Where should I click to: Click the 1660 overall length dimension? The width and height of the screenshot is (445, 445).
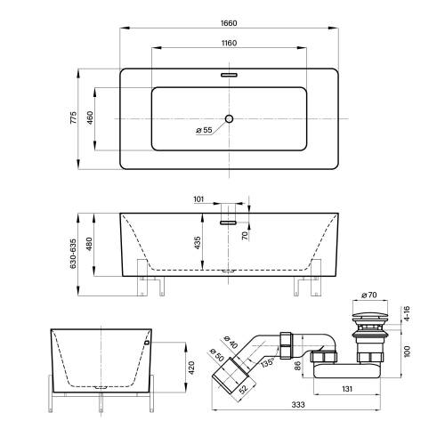[x=229, y=23]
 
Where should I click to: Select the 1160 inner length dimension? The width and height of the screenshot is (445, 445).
[x=229, y=44]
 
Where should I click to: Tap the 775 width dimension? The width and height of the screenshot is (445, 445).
[x=73, y=117]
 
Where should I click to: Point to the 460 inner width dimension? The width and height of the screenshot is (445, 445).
[x=90, y=117]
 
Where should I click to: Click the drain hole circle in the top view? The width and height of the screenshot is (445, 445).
[x=229, y=119]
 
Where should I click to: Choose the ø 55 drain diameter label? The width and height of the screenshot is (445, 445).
[x=204, y=130]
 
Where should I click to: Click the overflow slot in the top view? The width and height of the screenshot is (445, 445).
[x=229, y=75]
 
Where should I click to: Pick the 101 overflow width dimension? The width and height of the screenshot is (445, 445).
[x=198, y=199]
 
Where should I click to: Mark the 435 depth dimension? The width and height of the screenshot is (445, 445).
[x=198, y=243]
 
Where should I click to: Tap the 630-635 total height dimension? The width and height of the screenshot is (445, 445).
[x=73, y=254]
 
